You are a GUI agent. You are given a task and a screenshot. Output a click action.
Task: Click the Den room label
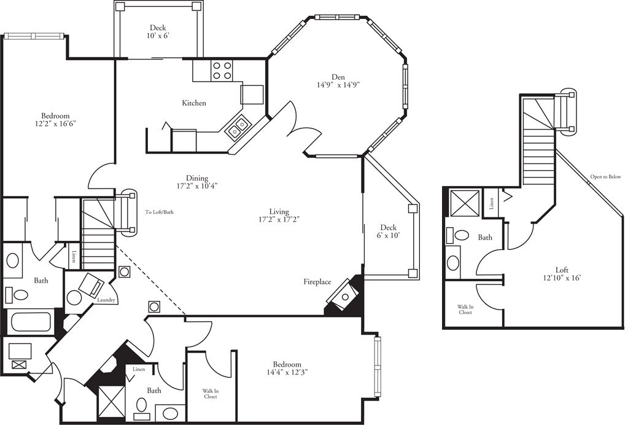(338, 77)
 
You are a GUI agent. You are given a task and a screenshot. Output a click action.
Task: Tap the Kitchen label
(194, 103)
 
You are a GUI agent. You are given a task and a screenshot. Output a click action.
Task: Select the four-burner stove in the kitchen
(222, 71)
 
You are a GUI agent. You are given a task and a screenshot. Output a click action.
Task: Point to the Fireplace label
(317, 282)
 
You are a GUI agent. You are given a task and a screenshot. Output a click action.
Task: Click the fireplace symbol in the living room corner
(343, 297)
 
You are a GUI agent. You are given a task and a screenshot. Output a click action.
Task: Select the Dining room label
(198, 179)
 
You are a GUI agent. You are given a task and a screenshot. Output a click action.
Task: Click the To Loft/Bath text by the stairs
(160, 212)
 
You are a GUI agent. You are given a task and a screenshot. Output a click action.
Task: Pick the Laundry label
(107, 300)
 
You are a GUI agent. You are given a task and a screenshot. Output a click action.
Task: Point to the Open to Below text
(605, 177)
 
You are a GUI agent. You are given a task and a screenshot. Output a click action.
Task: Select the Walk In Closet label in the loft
(464, 309)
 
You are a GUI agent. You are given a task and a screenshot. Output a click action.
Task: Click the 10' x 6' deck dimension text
(158, 36)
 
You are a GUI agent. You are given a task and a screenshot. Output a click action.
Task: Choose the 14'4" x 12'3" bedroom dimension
(287, 372)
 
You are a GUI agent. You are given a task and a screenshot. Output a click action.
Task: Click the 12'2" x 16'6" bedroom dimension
(55, 123)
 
